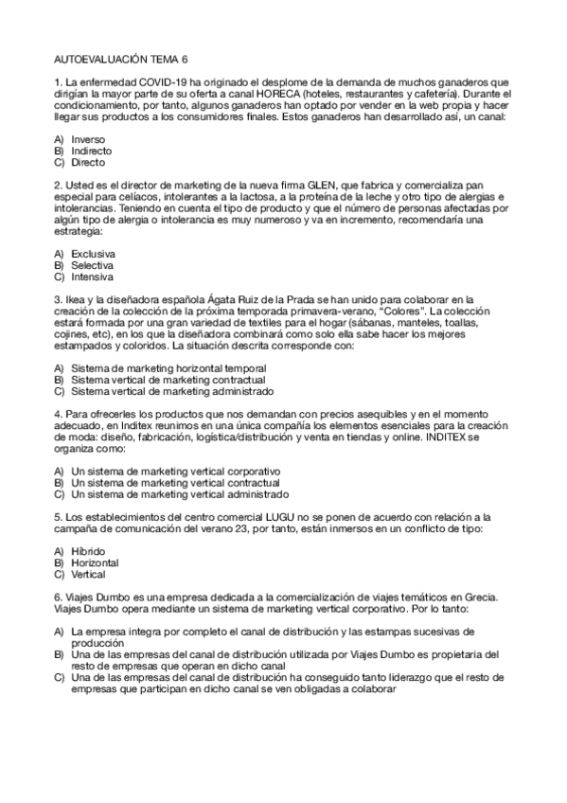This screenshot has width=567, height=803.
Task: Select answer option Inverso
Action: click(88, 139)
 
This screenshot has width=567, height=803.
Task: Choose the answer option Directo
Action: click(88, 162)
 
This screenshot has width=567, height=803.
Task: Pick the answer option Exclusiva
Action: click(93, 255)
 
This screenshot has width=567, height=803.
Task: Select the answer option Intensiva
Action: click(92, 277)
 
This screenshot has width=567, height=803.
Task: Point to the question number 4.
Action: click(58, 415)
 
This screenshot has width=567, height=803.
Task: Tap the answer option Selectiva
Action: click(92, 266)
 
